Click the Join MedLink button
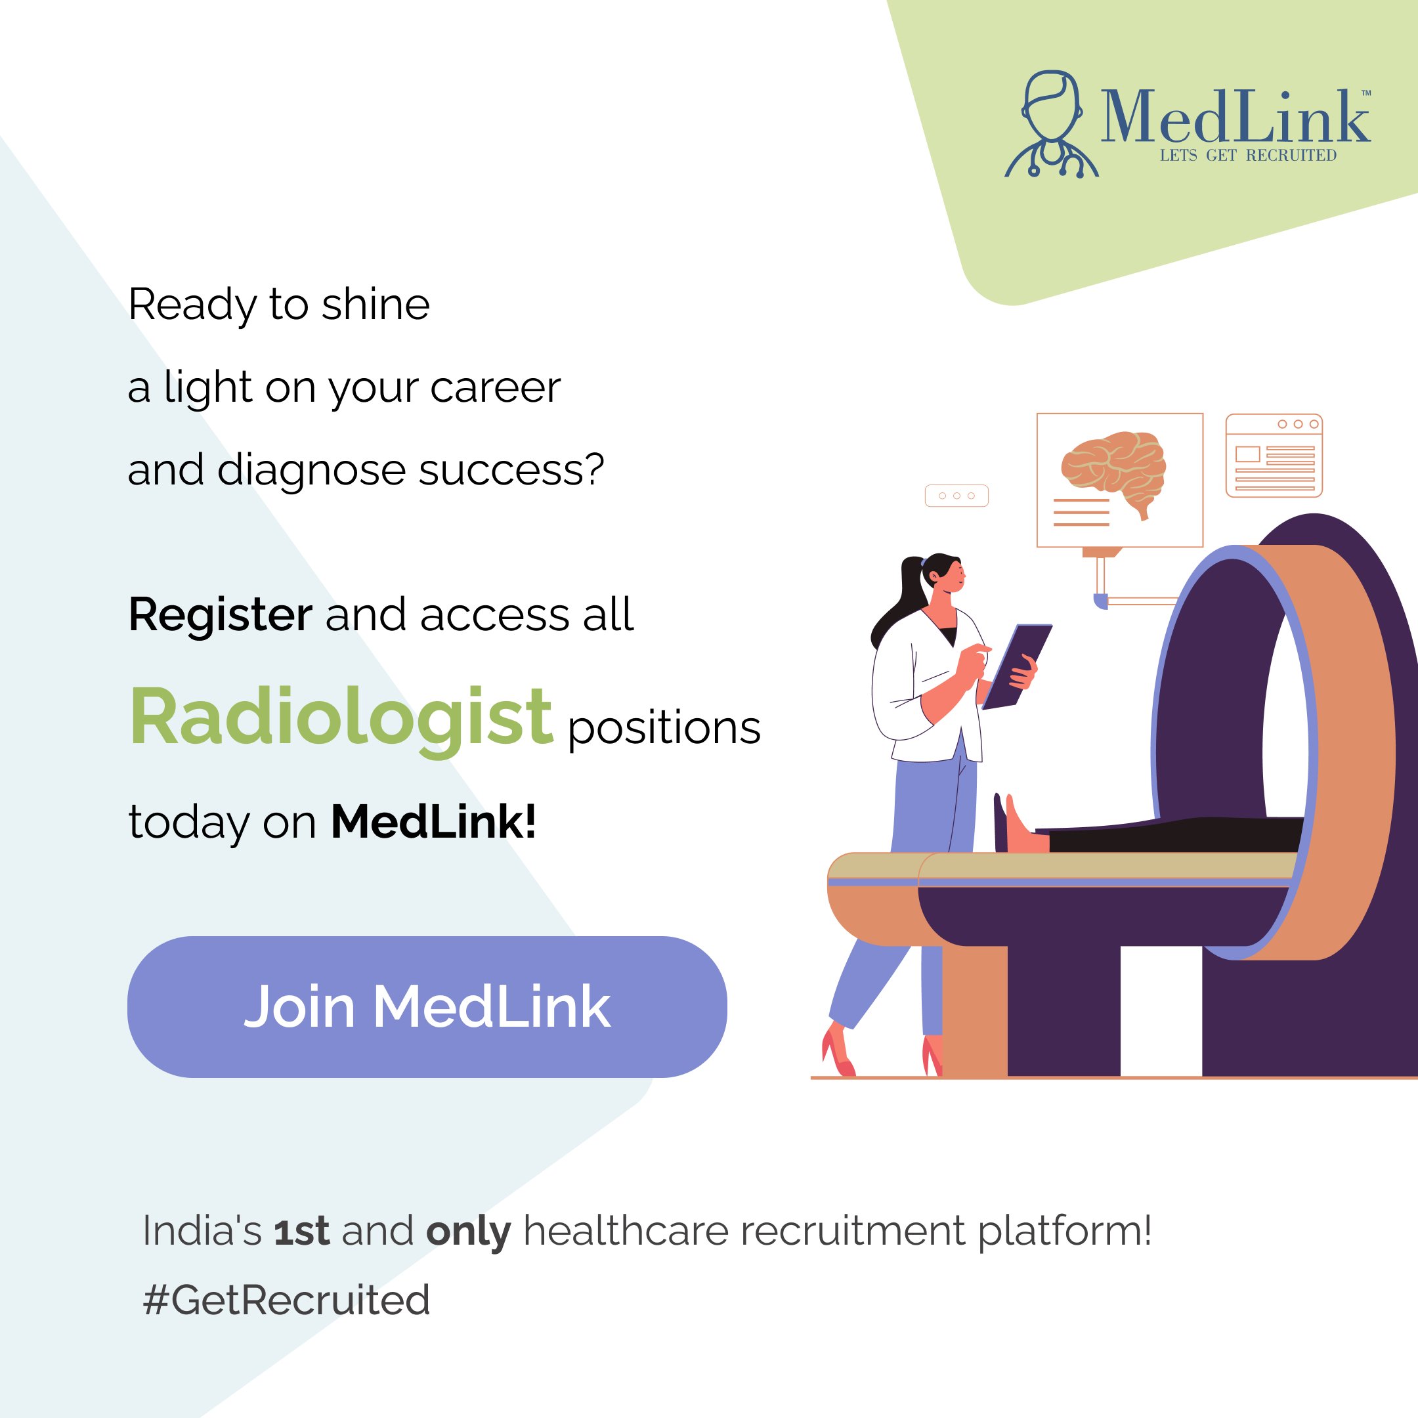pos(427,1006)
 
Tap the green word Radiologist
pos(341,717)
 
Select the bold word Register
pos(220,614)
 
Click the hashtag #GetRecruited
pos(286,1300)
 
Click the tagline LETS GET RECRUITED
pos(1248,156)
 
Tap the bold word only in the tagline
pos(468,1232)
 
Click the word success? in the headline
pos(511,470)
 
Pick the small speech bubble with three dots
pos(956,496)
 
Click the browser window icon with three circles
pos(1274,455)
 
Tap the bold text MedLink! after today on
pos(433,821)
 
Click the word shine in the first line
pos(376,305)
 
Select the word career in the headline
pos(495,387)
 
